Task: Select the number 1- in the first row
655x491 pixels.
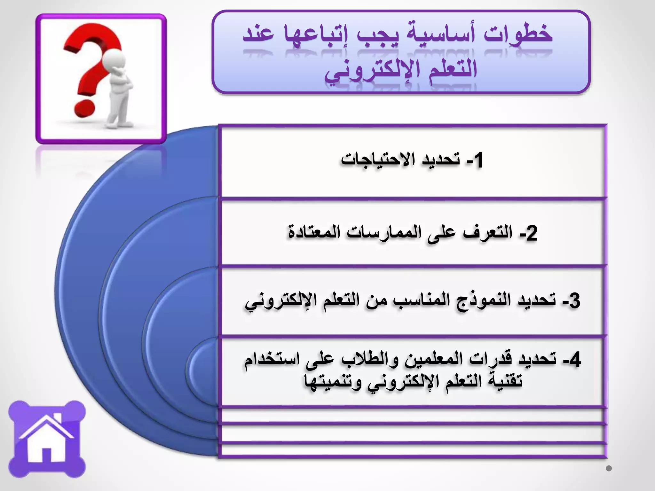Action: pos(475,160)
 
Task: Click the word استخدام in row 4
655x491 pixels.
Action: pos(272,360)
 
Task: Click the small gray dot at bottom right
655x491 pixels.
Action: pos(609,469)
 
